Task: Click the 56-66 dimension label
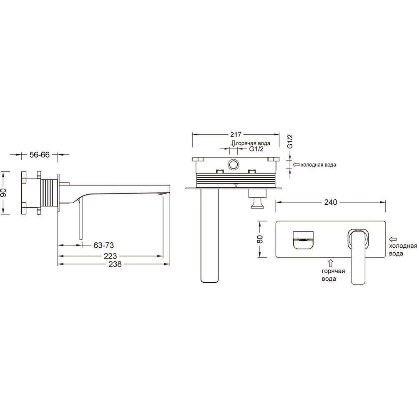pos(40,155)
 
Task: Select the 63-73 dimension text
pos(103,245)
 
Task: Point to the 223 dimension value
pos(110,256)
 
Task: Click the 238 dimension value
pos(115,264)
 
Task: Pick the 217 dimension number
pos(236,135)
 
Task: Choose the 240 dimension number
pos(331,202)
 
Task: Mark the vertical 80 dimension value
pos(260,239)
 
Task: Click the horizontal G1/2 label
pos(256,149)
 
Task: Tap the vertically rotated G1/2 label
pos(290,141)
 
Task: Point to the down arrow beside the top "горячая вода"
pos(233,143)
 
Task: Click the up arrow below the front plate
pos(331,263)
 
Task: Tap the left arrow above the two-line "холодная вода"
pos(393,239)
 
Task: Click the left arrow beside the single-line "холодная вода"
pos(296,165)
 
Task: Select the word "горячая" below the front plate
pos(333,271)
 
